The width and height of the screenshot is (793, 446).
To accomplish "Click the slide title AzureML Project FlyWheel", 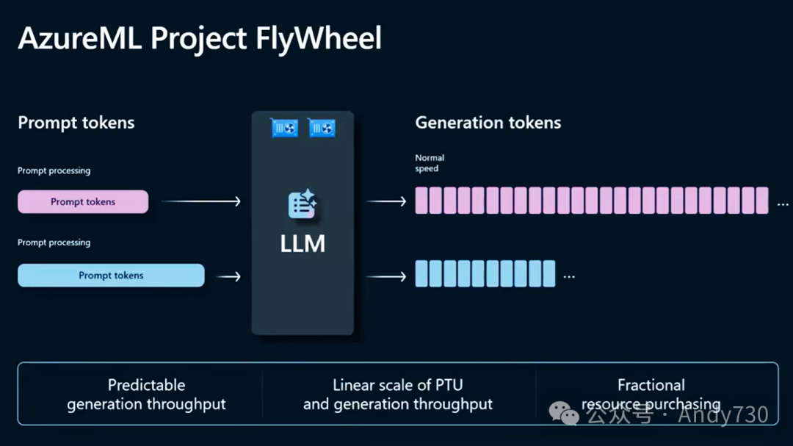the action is (x=200, y=39).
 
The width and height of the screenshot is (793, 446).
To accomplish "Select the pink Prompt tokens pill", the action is (x=83, y=202).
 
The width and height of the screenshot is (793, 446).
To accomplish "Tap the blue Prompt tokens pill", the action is (x=111, y=276).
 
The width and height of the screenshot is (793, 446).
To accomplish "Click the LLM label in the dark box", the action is (x=303, y=244).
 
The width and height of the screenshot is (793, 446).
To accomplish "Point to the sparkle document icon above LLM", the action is (x=303, y=204).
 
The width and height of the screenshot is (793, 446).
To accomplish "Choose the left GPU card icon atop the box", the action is (x=284, y=128).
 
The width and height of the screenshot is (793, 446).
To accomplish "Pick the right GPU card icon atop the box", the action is (x=322, y=128).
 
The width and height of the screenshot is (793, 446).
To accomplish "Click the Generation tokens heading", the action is (x=488, y=123).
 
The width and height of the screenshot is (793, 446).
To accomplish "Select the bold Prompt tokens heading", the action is (x=76, y=123).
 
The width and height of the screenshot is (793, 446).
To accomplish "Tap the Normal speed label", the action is (x=430, y=163).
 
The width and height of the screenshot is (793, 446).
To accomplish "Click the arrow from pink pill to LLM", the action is (x=200, y=201).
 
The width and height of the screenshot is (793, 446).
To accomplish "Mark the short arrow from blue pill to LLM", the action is (x=229, y=276).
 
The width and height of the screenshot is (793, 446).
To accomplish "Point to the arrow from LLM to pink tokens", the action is (x=386, y=201).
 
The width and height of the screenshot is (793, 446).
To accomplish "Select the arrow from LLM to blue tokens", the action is (x=386, y=276).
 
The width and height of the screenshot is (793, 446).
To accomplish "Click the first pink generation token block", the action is (x=421, y=201).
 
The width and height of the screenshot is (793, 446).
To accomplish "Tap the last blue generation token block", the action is (x=548, y=273).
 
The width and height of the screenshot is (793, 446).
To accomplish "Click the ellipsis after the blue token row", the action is (x=569, y=277).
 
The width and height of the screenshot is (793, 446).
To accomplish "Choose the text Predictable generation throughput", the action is (x=146, y=395).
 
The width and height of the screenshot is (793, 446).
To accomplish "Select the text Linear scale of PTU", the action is (x=398, y=385).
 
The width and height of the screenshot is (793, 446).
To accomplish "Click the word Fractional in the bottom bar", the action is (x=651, y=385).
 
